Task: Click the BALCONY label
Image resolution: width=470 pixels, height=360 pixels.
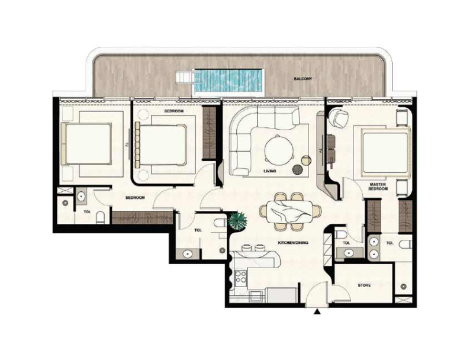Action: coord(303,79)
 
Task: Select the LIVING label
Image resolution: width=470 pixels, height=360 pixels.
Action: coord(270,171)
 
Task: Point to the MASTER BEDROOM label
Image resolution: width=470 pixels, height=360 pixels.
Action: coord(378,187)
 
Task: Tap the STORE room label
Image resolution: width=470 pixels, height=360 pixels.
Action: coord(364,285)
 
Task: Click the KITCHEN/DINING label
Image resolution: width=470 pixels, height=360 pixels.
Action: coord(293,243)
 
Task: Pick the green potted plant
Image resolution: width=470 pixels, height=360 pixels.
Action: coord(238,221)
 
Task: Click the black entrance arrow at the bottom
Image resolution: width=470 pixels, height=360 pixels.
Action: coord(317,313)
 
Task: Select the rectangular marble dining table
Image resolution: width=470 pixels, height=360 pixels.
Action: coord(290,211)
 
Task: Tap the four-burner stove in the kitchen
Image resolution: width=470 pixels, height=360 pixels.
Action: coord(241,277)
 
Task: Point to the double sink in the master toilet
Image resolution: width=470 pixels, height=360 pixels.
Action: coord(374,247)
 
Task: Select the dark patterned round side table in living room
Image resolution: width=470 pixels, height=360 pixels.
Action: coord(298,170)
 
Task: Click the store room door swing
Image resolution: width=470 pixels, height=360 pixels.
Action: coord(340,293)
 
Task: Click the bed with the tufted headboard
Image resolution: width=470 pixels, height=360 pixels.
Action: coord(161,145)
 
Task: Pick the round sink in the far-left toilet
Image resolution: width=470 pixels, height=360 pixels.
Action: coord(81,197)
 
